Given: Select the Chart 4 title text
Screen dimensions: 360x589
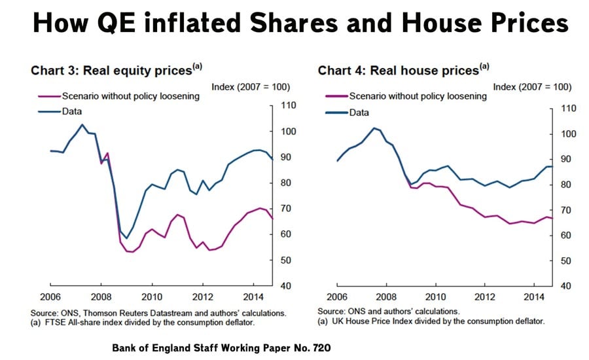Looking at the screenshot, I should pos(403,69).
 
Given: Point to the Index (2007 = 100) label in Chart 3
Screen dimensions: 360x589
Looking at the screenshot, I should pos(251,87).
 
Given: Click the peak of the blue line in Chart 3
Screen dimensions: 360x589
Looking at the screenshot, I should pos(82,124).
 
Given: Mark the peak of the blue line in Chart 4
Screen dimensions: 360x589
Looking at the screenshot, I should pos(374,128).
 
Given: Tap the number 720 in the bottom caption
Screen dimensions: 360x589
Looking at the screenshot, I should pos(317,348).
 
